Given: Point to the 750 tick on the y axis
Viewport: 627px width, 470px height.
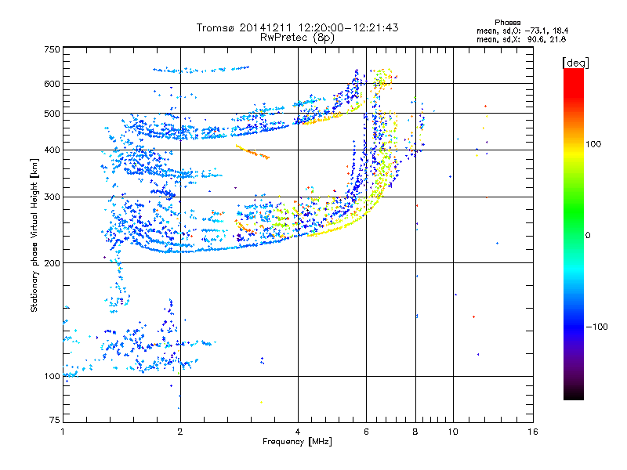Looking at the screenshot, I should pos(52,49).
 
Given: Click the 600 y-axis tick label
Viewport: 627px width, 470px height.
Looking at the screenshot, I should pos(52,83).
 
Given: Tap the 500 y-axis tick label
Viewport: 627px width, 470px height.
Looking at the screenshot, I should pos(52,114).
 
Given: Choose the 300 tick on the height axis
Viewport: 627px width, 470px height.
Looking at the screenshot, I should pos(52,197).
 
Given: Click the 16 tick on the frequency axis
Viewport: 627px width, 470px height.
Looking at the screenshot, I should pos(531,432).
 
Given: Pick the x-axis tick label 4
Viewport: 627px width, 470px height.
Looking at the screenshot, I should pos(298,432).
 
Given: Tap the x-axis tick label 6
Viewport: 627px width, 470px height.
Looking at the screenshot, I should pos(366,432).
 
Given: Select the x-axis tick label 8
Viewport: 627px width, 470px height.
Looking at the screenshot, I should pos(415,432).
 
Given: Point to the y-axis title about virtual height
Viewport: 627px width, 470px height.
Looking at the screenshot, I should pos(34,235).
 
